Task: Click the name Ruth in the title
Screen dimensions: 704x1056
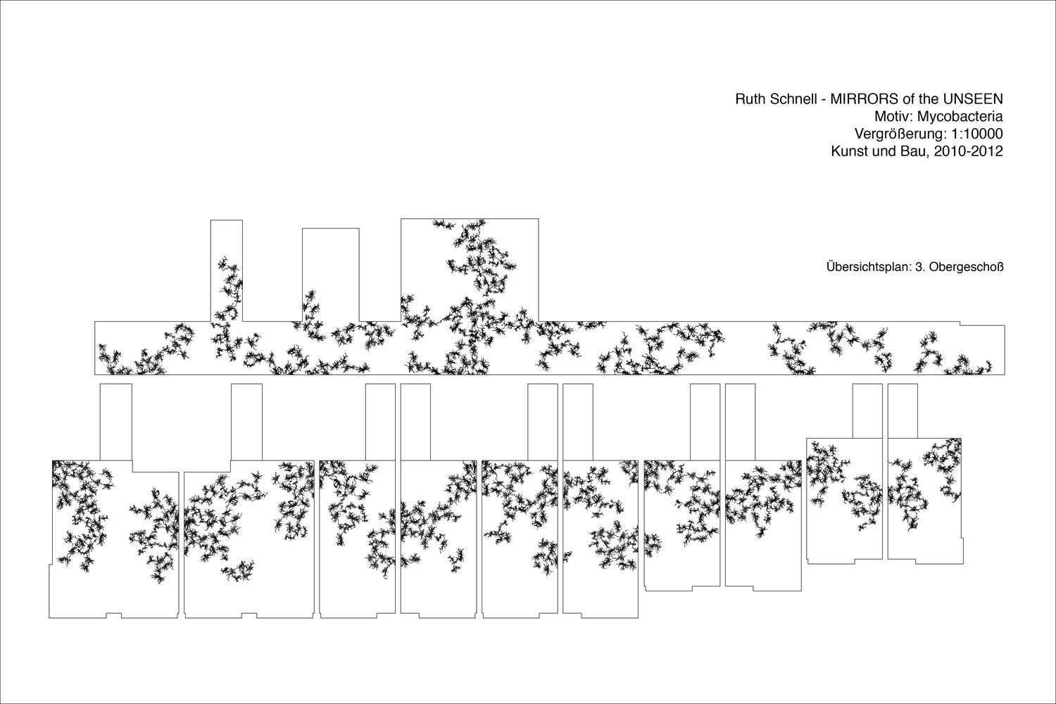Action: (750, 100)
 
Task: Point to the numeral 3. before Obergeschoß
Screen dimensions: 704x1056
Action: (919, 268)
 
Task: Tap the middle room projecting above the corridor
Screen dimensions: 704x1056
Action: (331, 268)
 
